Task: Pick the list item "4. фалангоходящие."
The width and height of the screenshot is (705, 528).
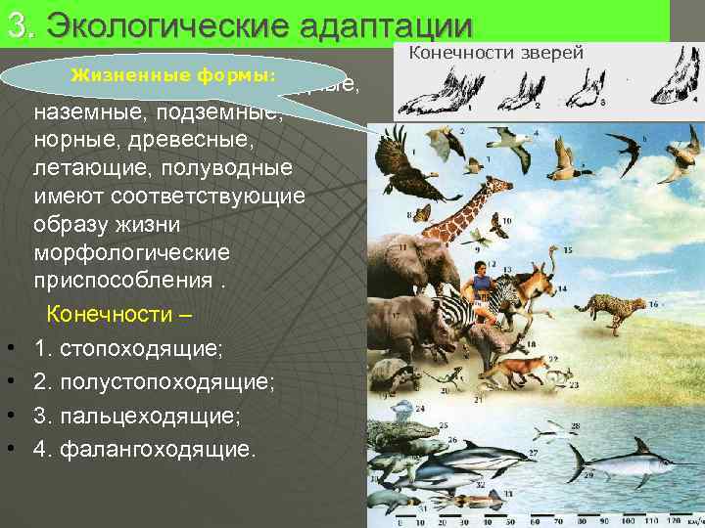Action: click(144, 450)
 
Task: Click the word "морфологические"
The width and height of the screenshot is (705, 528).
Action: click(131, 252)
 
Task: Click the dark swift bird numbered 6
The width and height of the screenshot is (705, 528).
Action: click(623, 147)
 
